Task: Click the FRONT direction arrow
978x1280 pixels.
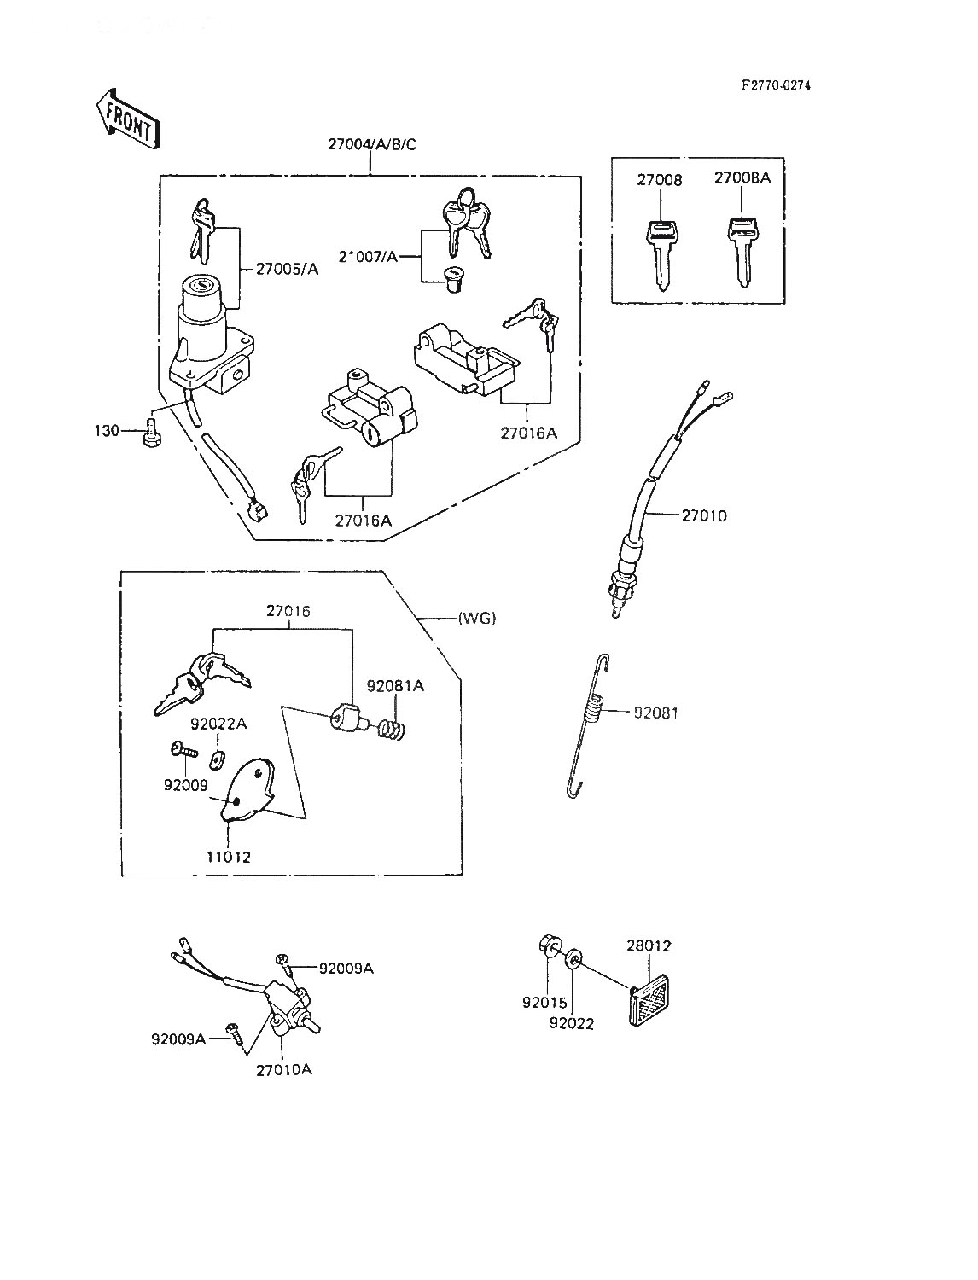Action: coord(126,118)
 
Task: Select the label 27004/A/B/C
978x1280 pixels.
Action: coord(371,144)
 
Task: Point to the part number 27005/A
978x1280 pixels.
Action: coord(287,269)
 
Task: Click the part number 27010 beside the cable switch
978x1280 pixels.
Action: coord(704,515)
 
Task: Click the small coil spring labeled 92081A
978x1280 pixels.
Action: coord(391,730)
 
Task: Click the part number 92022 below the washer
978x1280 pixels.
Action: coord(571,1023)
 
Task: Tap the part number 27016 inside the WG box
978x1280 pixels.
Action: coord(289,611)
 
